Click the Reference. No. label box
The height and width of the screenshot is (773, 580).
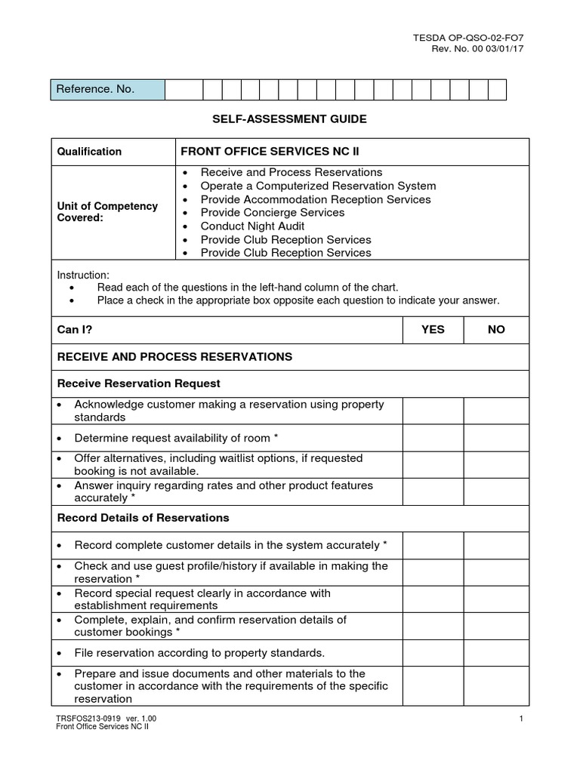pyautogui.click(x=107, y=90)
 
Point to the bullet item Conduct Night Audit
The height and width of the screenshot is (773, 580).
pyautogui.click(x=252, y=226)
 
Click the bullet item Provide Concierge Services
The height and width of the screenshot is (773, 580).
pyautogui.click(x=272, y=212)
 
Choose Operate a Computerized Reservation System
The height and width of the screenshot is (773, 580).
pyautogui.click(x=318, y=186)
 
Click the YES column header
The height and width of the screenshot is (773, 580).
pyautogui.click(x=433, y=330)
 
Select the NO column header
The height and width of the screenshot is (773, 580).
pyautogui.click(x=496, y=330)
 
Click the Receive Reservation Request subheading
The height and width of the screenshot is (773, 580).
pyautogui.click(x=139, y=383)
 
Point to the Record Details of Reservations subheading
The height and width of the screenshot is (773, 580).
pyautogui.click(x=143, y=518)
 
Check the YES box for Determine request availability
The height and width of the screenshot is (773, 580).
pyautogui.click(x=433, y=438)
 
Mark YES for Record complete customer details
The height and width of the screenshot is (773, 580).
pyautogui.click(x=433, y=545)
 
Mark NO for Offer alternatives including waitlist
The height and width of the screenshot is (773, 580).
pyautogui.click(x=496, y=464)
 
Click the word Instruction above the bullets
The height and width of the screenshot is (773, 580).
pyautogui.click(x=83, y=275)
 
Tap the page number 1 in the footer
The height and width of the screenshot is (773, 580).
pyautogui.click(x=522, y=718)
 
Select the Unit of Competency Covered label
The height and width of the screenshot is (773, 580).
pyautogui.click(x=108, y=212)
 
